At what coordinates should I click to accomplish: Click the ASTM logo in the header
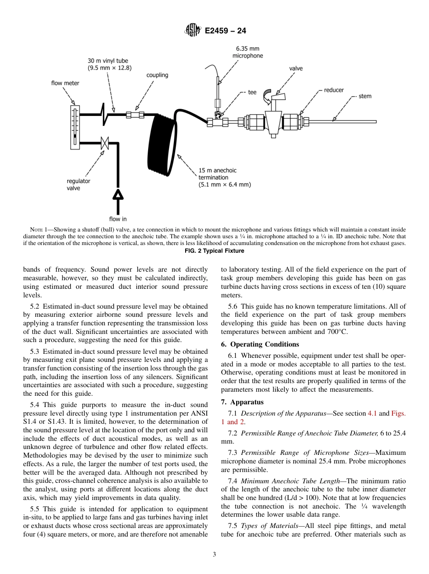tap(193, 31)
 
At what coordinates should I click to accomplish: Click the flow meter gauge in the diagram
tap(75, 127)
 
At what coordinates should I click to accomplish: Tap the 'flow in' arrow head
tap(118, 194)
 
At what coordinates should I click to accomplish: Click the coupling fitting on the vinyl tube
tap(135, 115)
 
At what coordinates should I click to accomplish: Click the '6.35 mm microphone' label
tap(247, 52)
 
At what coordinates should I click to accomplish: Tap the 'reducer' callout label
tap(333, 90)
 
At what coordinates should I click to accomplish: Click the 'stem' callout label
tap(365, 96)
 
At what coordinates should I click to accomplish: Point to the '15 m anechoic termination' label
tap(224, 177)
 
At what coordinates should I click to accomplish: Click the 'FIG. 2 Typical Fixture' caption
tap(214, 251)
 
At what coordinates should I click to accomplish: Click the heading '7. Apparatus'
tap(242, 402)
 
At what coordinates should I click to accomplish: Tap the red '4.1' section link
tap(372, 413)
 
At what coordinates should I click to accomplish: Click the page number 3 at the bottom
tap(214, 555)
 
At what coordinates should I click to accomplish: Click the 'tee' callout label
tap(252, 92)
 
